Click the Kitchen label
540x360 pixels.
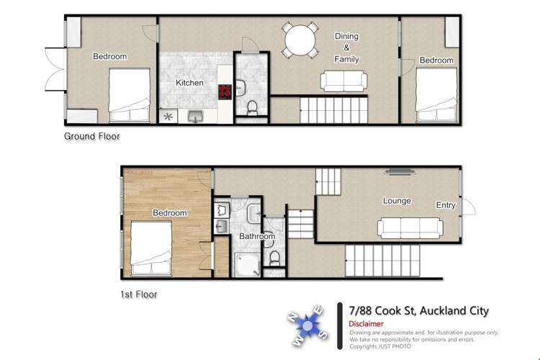pos(190,83)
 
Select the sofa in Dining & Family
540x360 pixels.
pos(342,81)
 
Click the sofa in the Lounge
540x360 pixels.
pos(410,228)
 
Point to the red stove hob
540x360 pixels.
pos(225,91)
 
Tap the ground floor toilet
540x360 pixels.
pos(251,108)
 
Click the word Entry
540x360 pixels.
pos(446,205)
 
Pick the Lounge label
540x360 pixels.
pos(397,201)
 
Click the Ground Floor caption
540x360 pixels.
pos(92,136)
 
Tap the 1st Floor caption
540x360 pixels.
pos(138,294)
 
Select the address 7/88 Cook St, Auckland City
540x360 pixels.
pos(418,311)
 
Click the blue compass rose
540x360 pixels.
pos(308,327)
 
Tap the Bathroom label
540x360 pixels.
pos(257,236)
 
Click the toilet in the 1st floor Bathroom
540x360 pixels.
pos(273,257)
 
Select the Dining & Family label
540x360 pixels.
pos(346,48)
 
